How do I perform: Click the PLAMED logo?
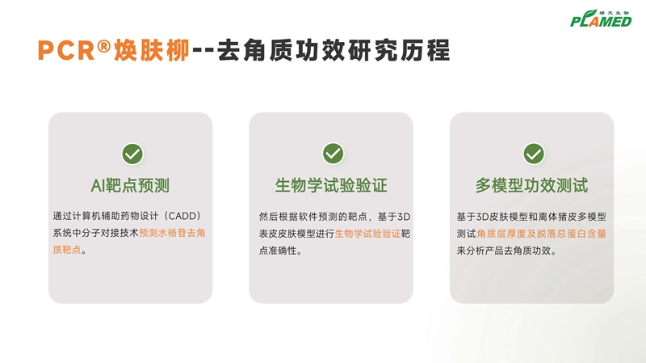pyautogui.click(x=601, y=19)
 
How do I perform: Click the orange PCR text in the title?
pyautogui.click(x=66, y=50)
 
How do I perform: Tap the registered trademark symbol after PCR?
pyautogui.click(x=104, y=46)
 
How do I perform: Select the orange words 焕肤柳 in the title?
pyautogui.click(x=152, y=50)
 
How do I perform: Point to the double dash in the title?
pyautogui.click(x=203, y=51)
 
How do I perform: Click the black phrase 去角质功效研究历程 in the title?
pyautogui.click(x=333, y=50)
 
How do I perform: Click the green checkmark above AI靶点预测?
pyautogui.click(x=132, y=154)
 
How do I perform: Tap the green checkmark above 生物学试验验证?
pyautogui.click(x=333, y=154)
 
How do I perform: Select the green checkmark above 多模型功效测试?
pyautogui.click(x=534, y=154)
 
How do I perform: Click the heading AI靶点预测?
pyautogui.click(x=130, y=186)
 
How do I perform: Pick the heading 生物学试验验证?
pyautogui.click(x=331, y=186)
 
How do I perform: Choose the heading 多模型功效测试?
pyautogui.click(x=531, y=186)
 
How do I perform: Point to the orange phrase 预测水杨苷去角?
pyautogui.click(x=172, y=233)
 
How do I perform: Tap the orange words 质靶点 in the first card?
pyautogui.click(x=67, y=250)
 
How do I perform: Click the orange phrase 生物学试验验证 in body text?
pyautogui.click(x=367, y=234)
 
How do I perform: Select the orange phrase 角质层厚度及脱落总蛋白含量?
pyautogui.click(x=541, y=234)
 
